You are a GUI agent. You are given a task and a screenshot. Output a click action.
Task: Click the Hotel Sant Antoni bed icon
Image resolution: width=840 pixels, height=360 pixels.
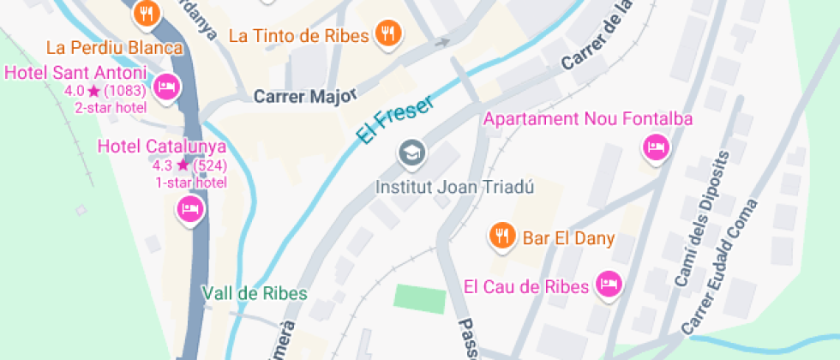[x=166, y=86]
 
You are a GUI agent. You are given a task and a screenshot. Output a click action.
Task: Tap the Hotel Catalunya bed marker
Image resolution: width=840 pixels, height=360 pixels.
[x=189, y=208]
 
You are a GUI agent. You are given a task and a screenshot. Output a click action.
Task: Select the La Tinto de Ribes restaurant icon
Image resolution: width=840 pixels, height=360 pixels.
[x=389, y=33]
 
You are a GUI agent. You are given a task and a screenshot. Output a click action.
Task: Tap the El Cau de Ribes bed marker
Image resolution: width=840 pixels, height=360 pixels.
[x=609, y=284]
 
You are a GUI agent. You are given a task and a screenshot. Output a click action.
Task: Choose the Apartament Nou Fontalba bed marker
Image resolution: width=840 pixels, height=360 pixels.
[x=656, y=148]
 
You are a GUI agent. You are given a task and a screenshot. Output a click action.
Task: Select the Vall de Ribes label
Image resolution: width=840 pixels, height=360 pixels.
[x=255, y=293]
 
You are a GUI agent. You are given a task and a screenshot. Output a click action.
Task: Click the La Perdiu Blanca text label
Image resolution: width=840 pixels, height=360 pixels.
[x=115, y=47]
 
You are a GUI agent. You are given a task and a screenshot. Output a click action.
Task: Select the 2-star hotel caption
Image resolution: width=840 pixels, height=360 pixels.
[x=111, y=107]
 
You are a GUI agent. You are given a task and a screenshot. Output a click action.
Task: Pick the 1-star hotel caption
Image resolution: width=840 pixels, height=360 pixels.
[x=190, y=182]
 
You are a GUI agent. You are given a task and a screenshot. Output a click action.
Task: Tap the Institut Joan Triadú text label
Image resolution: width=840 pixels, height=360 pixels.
[x=455, y=187]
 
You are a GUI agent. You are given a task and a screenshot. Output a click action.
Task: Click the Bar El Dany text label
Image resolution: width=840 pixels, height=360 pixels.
[x=568, y=238]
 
